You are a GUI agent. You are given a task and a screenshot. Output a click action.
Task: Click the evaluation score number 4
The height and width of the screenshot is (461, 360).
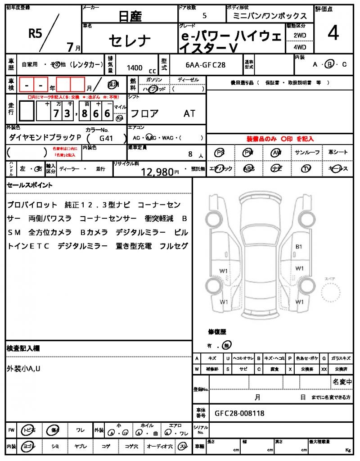(x=333, y=34)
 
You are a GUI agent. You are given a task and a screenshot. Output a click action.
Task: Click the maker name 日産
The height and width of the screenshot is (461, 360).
(x=130, y=17)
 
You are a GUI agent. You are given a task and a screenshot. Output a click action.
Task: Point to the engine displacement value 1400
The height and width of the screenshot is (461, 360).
(x=135, y=68)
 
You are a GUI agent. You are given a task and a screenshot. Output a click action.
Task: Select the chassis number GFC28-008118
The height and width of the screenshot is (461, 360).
(x=239, y=413)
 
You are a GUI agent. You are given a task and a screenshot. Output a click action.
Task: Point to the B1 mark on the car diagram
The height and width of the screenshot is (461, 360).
(x=299, y=247)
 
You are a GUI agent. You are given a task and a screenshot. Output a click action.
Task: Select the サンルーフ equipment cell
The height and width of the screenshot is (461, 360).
(x=307, y=153)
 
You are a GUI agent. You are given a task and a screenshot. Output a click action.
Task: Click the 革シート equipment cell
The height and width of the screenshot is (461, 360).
(x=338, y=153)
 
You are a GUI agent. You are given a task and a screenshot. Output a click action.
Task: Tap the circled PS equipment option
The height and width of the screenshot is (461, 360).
(x=220, y=153)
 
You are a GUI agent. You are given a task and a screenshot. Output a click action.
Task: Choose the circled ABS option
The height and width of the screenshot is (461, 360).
(x=248, y=168)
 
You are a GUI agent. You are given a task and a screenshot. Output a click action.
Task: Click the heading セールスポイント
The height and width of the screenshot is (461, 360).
(x=30, y=185)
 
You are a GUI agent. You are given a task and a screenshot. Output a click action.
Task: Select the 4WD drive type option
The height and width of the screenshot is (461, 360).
(x=300, y=47)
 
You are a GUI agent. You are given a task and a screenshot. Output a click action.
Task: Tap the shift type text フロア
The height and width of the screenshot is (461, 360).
(x=144, y=113)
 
